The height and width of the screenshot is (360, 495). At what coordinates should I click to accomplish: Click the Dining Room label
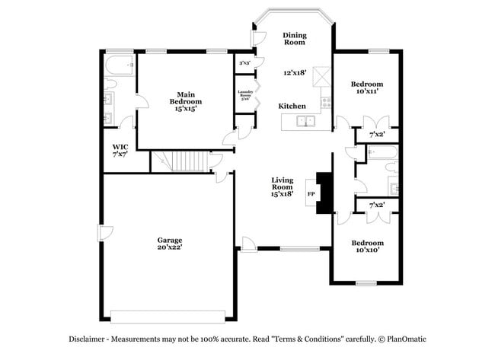pos(295,40)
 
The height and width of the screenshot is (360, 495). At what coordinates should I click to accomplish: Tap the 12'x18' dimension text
pos(295,73)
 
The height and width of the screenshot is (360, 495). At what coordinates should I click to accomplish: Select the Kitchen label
pos(292,106)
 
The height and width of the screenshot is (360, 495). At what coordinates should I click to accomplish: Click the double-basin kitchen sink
pos(306,120)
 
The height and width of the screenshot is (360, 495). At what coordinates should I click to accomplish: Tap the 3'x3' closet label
pos(245,63)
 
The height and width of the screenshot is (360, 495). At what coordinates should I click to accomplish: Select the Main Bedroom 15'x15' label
pos(186,101)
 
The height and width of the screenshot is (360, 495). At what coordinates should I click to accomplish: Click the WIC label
pos(120,150)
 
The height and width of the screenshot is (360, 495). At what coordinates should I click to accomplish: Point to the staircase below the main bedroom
pos(182,161)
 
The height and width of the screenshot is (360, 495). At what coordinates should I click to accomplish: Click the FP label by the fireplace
pos(311,194)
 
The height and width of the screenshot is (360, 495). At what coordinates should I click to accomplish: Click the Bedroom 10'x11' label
pos(367,88)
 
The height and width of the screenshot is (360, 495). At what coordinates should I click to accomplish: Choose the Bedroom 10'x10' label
pos(367,246)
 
